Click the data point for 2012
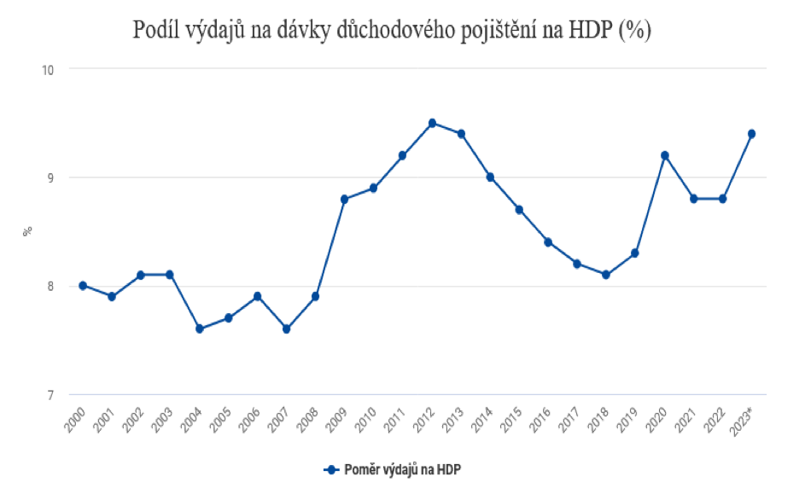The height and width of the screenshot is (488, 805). (x=432, y=123)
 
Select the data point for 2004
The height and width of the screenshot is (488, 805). (x=199, y=328)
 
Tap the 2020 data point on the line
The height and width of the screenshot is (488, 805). (x=664, y=155)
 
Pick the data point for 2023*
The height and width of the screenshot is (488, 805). (x=751, y=134)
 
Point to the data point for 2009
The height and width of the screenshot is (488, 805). (x=344, y=199)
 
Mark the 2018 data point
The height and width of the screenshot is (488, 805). (x=606, y=275)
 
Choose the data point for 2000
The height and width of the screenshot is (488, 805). (x=83, y=286)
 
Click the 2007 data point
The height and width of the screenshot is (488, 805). (x=286, y=328)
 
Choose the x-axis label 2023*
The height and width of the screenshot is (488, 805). (x=744, y=417)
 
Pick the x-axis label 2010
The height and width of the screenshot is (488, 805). (x=368, y=415)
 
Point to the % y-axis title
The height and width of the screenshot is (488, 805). (x=27, y=231)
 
